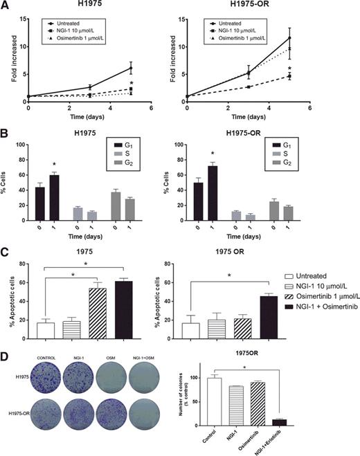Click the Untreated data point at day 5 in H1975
click(130, 67)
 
